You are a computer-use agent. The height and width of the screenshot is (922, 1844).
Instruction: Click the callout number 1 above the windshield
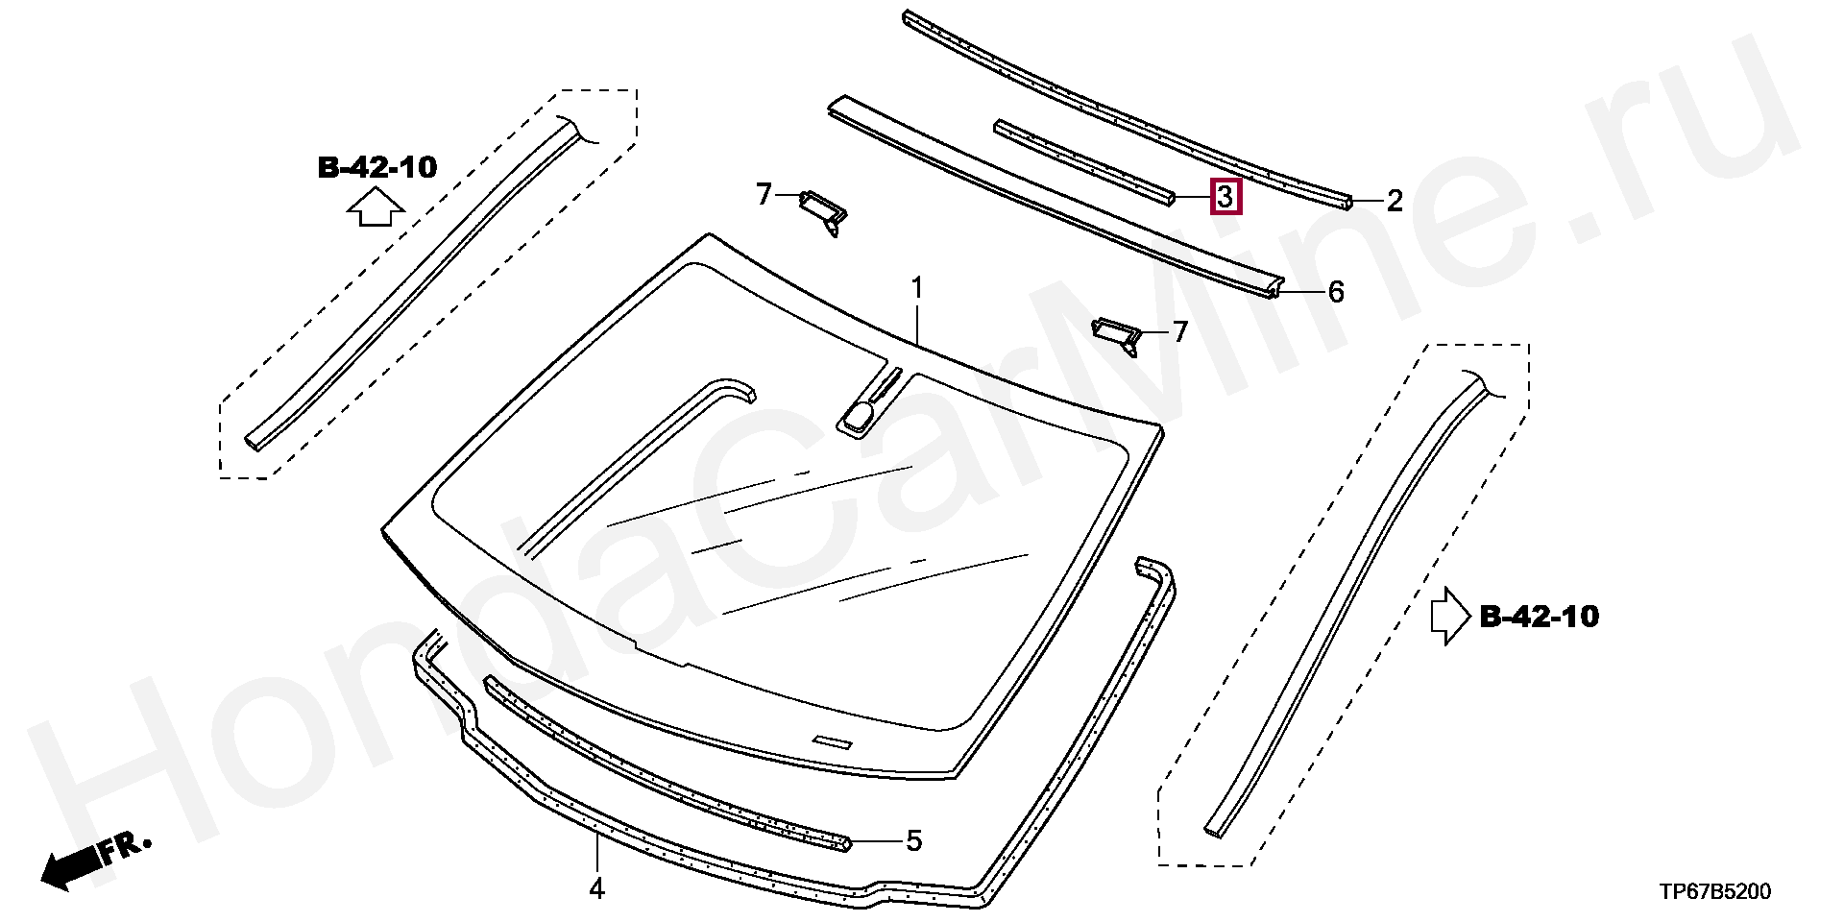917,288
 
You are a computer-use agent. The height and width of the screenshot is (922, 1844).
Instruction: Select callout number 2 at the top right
1395,201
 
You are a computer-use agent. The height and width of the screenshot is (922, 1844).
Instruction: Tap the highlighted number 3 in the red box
1225,198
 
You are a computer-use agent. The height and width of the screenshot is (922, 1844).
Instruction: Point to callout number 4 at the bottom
596,889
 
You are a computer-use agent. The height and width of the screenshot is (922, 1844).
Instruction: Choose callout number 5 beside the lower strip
913,841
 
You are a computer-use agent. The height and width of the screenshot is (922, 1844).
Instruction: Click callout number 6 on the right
1336,292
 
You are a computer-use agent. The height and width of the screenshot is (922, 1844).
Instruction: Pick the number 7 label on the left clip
764,196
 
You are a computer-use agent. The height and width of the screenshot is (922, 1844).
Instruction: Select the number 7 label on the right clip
1179,332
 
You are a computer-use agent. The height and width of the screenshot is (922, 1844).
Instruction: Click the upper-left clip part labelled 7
824,208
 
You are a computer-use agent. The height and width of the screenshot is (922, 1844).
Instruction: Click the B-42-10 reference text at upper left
377,169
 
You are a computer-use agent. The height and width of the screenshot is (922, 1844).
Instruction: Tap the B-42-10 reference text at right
1539,616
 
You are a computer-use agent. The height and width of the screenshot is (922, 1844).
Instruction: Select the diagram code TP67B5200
1714,892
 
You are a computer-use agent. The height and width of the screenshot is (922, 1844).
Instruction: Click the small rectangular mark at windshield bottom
832,741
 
